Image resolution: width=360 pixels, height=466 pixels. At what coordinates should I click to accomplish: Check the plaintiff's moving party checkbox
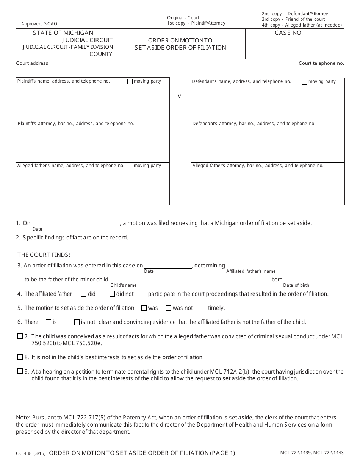click(130, 81)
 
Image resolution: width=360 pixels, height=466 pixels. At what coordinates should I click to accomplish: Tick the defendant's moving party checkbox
click(305, 82)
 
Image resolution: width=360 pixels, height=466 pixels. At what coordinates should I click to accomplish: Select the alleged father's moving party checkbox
click(130, 166)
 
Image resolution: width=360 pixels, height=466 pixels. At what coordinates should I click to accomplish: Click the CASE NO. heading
click(289, 33)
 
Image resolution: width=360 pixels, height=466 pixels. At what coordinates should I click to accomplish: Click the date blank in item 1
click(76, 223)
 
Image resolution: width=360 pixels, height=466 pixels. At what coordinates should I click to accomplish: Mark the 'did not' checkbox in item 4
click(112, 294)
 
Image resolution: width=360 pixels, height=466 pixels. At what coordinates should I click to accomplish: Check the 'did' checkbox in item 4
click(84, 294)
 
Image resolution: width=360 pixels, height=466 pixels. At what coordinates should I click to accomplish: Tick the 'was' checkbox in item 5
click(144, 308)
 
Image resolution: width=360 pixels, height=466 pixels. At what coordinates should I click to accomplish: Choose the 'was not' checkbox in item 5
click(169, 308)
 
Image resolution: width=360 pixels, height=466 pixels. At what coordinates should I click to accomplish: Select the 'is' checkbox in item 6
click(49, 322)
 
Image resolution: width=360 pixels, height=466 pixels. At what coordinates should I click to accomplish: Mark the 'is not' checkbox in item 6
click(77, 322)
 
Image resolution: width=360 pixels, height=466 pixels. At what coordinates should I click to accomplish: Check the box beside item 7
click(20, 336)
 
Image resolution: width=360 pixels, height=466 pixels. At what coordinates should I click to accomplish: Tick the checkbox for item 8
click(20, 357)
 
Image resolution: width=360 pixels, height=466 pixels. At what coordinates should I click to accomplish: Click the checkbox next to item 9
click(20, 371)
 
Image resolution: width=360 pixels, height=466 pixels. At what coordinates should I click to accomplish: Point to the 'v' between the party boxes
click(180, 96)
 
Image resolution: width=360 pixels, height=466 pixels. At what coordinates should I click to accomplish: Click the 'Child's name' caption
click(123, 285)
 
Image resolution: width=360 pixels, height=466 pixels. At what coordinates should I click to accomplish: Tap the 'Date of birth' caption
click(296, 285)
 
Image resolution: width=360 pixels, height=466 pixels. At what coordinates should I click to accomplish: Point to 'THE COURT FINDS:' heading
click(44, 255)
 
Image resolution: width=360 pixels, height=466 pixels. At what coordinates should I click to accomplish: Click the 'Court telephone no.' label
click(321, 63)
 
